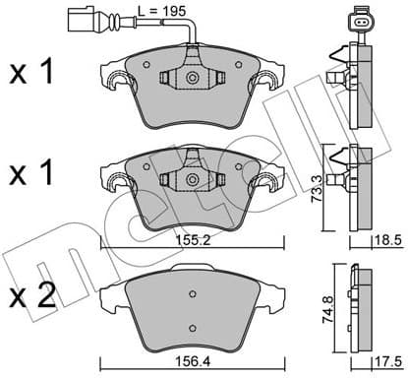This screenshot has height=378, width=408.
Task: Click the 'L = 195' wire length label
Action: click(167, 13)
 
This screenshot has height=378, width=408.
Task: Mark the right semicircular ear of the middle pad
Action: click(267, 183)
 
